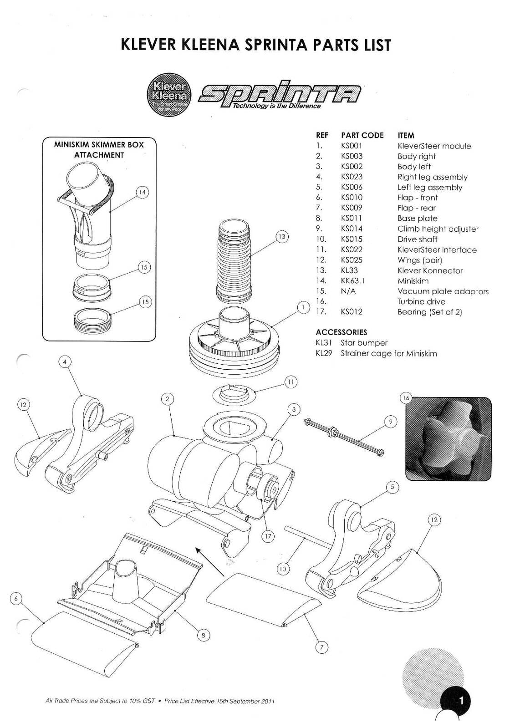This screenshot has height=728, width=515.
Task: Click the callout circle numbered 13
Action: point(282,237)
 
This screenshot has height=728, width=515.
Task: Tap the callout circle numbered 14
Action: point(143,192)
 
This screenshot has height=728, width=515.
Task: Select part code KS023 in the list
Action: point(352,177)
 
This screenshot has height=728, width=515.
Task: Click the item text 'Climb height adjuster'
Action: point(438,229)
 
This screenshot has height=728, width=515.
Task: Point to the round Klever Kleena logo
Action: point(169,95)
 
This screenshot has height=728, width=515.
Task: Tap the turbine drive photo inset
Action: point(448,438)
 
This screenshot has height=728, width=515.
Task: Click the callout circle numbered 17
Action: point(268,536)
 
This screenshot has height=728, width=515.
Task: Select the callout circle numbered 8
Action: point(203,636)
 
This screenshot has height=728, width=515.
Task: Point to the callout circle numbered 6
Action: point(16,598)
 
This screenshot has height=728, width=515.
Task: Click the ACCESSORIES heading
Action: point(341,332)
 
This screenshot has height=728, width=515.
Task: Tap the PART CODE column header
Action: point(362,135)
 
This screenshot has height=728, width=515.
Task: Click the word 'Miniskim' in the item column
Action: point(413,281)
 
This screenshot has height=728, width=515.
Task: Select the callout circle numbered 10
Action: point(282,569)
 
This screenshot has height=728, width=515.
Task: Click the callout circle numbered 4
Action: point(65,362)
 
